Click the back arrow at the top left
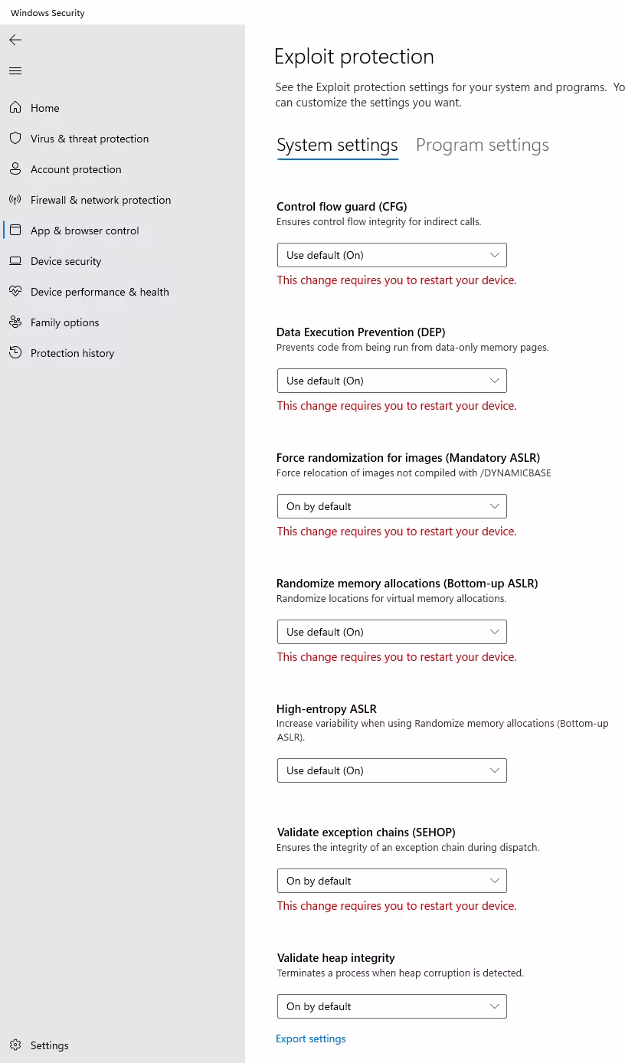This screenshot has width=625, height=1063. click(15, 40)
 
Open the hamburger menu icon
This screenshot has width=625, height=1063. click(15, 71)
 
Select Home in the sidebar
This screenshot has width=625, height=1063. click(44, 108)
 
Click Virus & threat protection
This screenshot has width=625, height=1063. click(90, 139)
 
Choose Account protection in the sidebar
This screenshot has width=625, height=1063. click(76, 169)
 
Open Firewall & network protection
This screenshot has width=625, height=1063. click(100, 200)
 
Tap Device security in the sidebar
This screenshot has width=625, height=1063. click(66, 261)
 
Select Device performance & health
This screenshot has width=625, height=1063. click(100, 292)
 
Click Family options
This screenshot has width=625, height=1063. click(64, 322)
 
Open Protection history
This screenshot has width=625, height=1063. click(72, 353)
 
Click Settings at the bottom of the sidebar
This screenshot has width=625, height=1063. click(49, 1045)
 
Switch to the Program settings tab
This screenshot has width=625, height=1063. click(482, 145)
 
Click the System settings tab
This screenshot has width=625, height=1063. click(337, 145)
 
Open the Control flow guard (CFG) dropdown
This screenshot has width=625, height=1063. click(391, 255)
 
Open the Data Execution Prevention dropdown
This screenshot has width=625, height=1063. click(391, 381)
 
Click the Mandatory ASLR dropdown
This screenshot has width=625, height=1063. click(391, 506)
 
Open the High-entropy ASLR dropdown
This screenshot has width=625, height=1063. click(391, 770)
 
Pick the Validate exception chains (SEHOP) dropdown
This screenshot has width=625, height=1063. click(391, 881)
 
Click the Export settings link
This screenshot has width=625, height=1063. click(310, 1039)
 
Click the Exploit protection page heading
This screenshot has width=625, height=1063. click(354, 57)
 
